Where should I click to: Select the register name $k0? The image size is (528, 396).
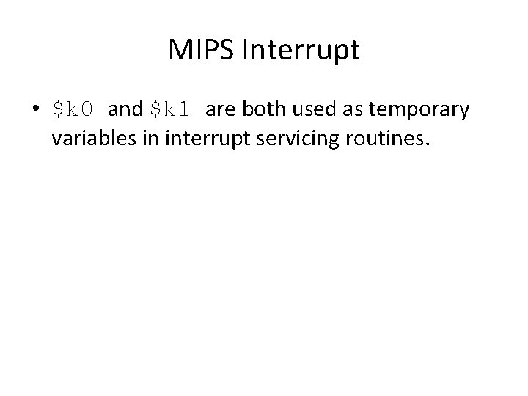[x=74, y=110]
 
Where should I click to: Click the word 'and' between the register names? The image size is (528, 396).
[x=125, y=110]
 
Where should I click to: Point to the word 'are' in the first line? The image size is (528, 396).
[x=219, y=110]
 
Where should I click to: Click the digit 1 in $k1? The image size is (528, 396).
[x=186, y=110]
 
